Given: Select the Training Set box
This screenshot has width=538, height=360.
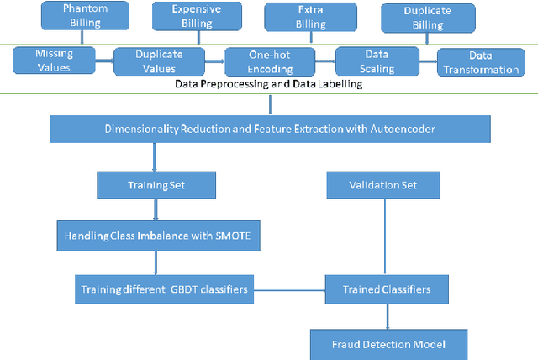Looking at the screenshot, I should pyautogui.click(x=156, y=183).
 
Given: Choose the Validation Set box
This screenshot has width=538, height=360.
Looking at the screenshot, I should pyautogui.click(x=382, y=183).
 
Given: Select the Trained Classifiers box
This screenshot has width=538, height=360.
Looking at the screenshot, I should pyautogui.click(x=387, y=289).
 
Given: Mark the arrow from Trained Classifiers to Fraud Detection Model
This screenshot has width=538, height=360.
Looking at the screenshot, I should pyautogui.click(x=387, y=315).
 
